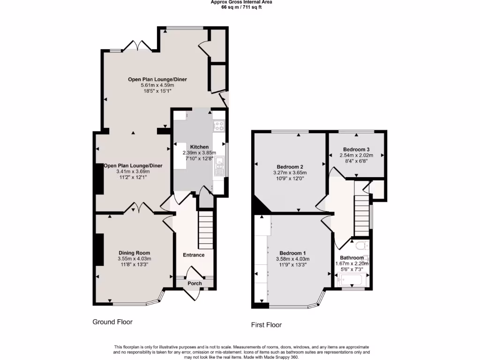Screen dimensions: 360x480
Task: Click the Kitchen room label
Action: (x=199, y=147)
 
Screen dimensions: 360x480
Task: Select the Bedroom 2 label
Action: (x=290, y=166)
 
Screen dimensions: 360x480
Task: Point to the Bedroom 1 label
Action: (x=293, y=253)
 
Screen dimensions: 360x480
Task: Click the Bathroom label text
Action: (x=352, y=258)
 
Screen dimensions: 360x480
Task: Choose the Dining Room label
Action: (x=134, y=253)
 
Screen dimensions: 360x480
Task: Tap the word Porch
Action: (x=195, y=283)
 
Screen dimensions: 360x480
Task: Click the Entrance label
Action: (x=194, y=255)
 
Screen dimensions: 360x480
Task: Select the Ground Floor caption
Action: (x=112, y=322)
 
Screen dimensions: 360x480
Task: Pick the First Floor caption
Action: (x=267, y=324)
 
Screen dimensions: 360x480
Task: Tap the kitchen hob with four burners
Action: (x=219, y=126)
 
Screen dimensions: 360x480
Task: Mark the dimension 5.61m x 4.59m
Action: (x=157, y=85)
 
